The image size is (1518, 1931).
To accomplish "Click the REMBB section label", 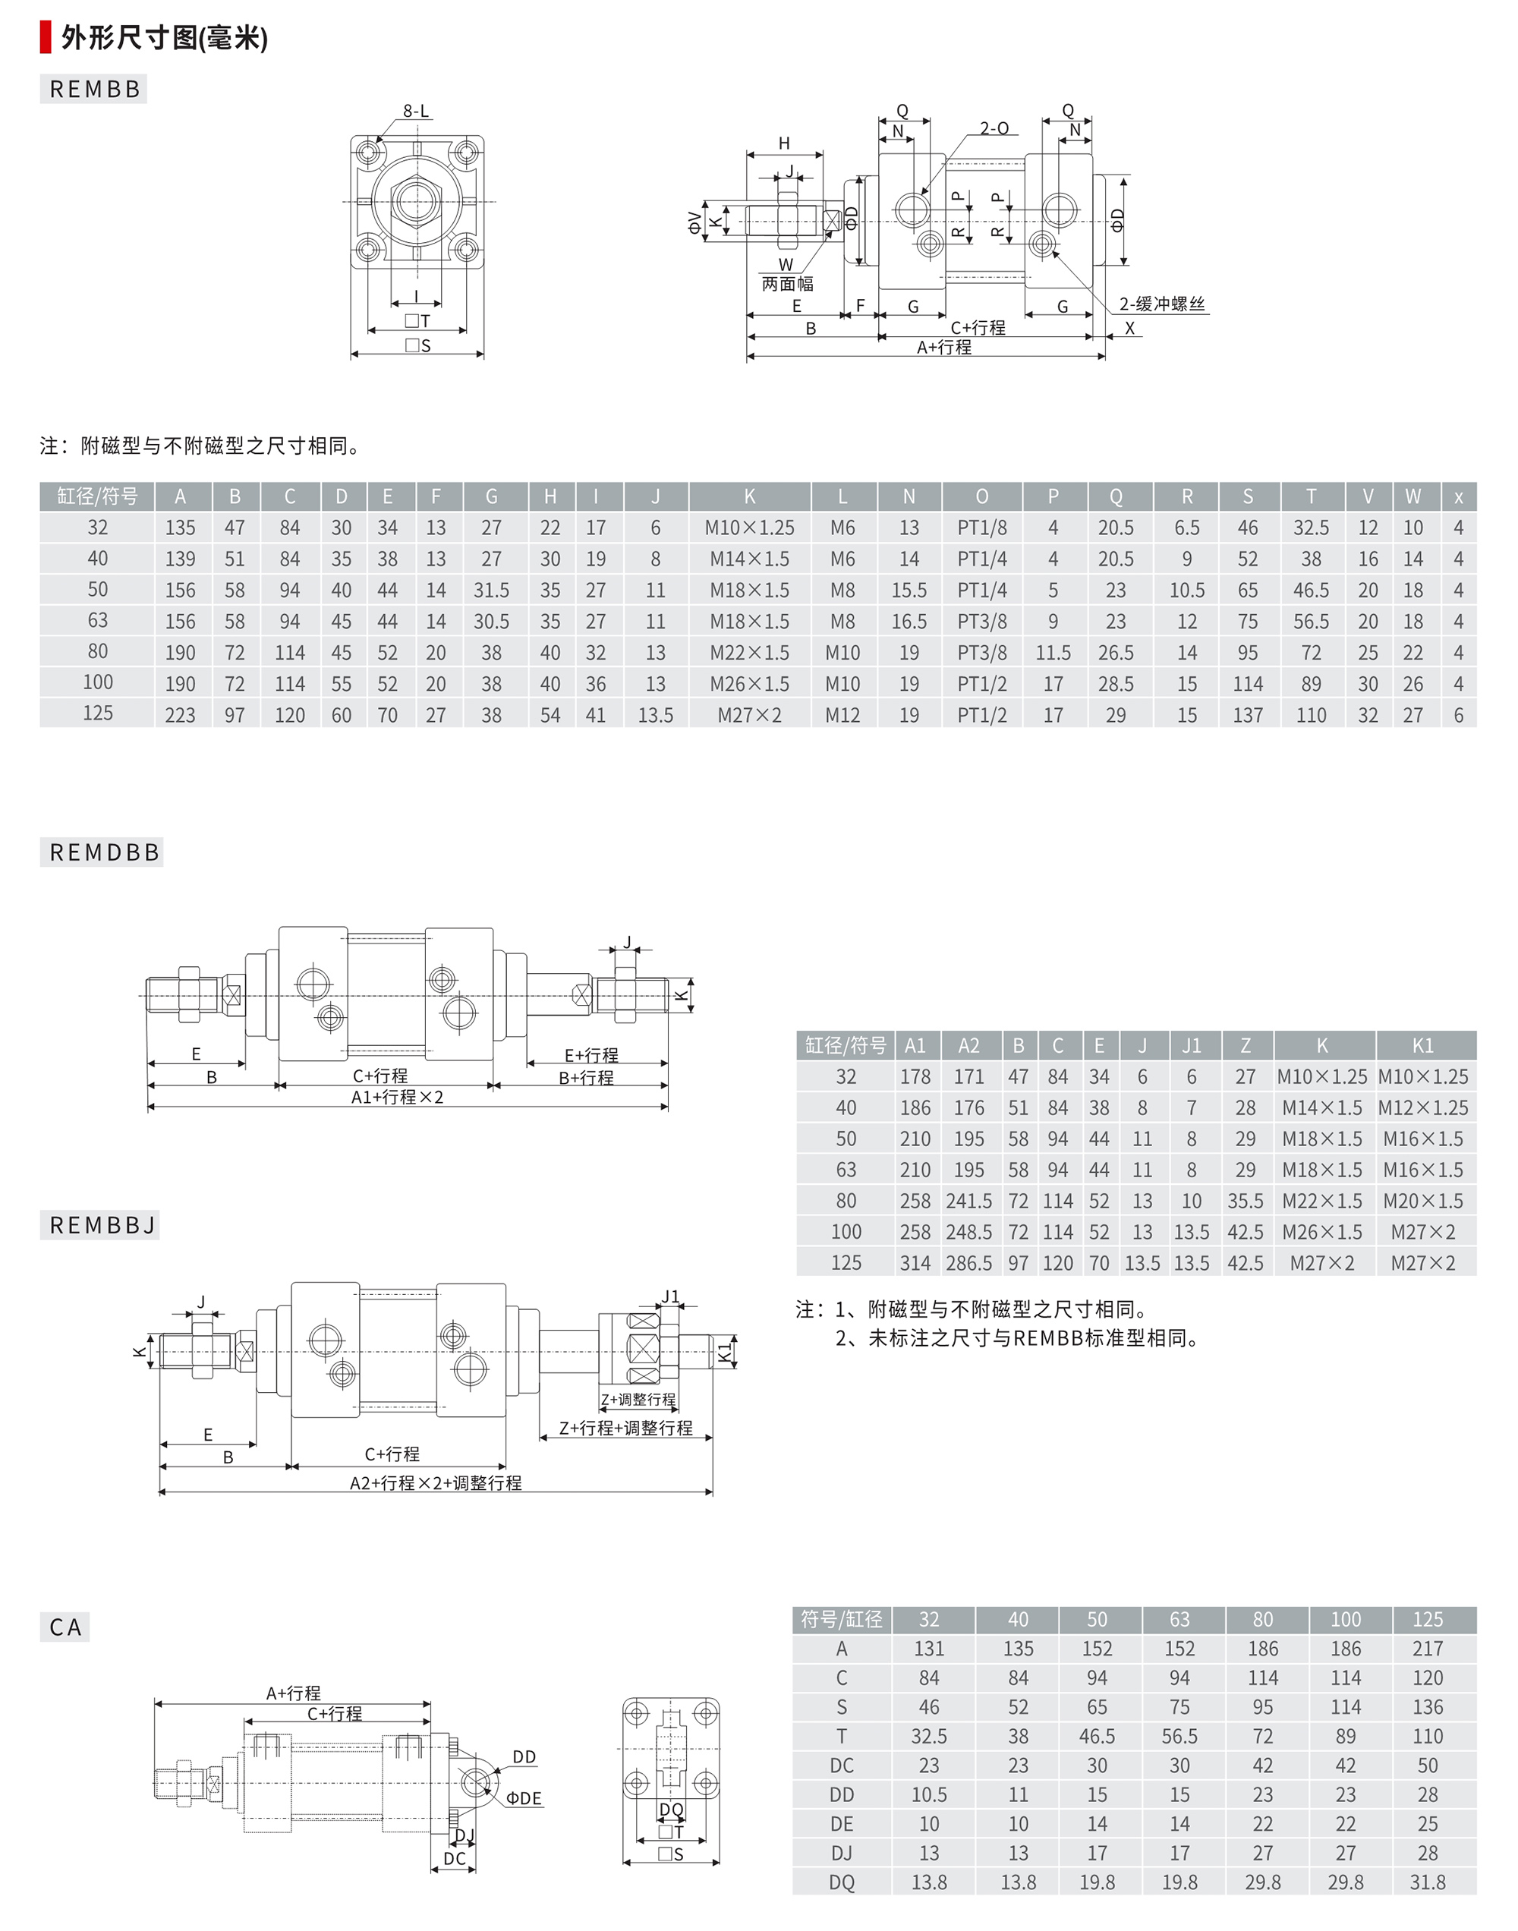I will pos(94,89).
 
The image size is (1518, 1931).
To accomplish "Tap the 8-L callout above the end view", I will pos(415,111).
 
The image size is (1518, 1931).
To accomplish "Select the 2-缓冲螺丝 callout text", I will pos(1161,304).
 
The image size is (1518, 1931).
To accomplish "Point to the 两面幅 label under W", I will pos(786,283).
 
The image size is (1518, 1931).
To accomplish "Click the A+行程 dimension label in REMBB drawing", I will pos(944,348).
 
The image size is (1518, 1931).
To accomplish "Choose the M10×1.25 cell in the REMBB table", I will pos(749,528).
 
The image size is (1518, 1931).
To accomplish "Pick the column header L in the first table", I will pos(842,496).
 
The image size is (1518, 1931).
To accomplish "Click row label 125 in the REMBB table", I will pos(98,713).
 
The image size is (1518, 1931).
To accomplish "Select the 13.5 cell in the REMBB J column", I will pos(656,715).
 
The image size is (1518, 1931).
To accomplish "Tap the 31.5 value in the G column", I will pos(492,590).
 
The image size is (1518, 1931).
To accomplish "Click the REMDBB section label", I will pos(104,852).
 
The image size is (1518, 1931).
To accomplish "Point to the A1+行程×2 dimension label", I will pos(396,1098).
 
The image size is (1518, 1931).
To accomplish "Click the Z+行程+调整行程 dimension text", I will pos(625,1428).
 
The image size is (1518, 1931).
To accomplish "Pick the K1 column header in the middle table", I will pos(1423,1046).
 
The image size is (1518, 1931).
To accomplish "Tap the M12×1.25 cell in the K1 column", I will pos(1423,1108).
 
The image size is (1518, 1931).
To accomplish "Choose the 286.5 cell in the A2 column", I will pos(968,1263).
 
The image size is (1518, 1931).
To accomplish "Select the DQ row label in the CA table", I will pos(842,1882).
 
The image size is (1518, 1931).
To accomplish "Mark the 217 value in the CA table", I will pos(1428,1649).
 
